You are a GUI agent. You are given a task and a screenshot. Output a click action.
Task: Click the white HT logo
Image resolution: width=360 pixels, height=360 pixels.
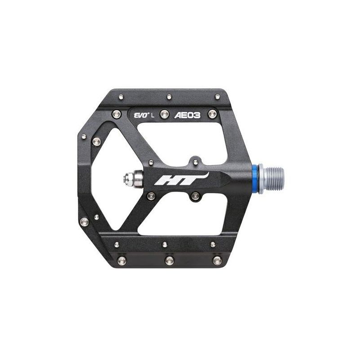coord(181,179)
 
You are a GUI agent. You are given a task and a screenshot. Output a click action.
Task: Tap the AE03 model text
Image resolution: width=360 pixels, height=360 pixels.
coord(187,115)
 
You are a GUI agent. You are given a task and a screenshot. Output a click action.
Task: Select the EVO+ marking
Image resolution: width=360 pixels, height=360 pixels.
coord(141,115)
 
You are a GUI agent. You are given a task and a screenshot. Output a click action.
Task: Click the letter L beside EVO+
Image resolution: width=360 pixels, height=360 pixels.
coord(153,116)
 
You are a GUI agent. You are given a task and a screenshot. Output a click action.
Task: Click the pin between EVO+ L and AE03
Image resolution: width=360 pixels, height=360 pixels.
coord(165,114)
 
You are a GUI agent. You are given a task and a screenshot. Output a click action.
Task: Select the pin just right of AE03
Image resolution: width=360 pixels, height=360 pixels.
coord(212,114)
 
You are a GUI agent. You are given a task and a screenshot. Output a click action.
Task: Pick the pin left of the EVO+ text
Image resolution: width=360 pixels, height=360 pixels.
coord(117,114)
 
